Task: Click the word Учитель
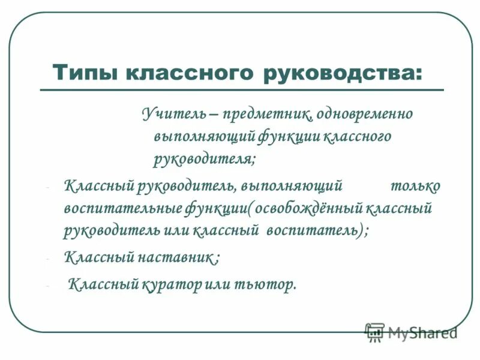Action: coord(166,113)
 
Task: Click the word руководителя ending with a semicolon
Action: coord(205,159)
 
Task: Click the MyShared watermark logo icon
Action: coord(376,332)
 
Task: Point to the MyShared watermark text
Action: coord(422,332)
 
